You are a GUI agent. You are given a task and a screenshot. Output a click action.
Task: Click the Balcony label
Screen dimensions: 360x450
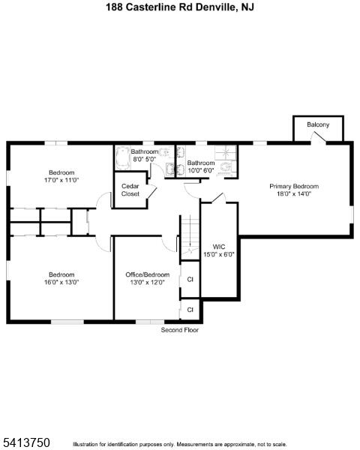[318, 124]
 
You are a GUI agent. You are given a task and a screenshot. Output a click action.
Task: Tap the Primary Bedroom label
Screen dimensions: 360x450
[294, 187]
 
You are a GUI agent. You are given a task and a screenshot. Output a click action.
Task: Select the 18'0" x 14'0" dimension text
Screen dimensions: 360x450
[294, 193]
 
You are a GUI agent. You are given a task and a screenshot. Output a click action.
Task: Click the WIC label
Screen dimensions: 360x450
[219, 247]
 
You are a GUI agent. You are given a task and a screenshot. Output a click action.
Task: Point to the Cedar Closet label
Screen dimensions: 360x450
[130, 190]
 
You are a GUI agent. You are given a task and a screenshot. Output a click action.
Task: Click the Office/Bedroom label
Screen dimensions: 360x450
[147, 274]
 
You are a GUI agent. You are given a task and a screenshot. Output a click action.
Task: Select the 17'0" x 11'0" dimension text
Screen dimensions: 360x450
[61, 180]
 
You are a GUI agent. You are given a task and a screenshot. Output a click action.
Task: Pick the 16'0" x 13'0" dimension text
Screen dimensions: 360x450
[61, 282]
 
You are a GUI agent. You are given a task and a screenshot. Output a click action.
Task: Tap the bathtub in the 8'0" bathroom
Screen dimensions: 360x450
[122, 157]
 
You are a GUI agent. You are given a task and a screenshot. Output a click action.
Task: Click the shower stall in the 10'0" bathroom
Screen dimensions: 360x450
[226, 152]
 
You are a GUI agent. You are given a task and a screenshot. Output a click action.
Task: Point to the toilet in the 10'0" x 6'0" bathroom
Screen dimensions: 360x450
[227, 167]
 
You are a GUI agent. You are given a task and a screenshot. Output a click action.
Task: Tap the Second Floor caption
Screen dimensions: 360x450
[180, 330]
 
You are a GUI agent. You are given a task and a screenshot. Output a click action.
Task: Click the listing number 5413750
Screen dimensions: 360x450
[25, 442]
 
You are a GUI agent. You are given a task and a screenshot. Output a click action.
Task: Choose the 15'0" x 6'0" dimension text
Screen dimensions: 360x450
[219, 254]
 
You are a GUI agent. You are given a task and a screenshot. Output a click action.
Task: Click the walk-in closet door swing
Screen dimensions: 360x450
[218, 197]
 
